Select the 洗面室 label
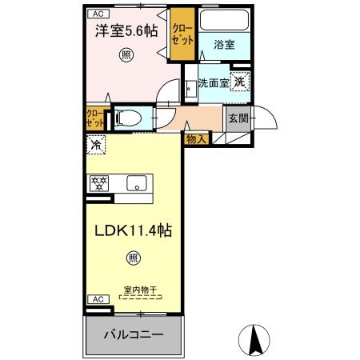pos(213,82)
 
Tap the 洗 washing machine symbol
pos(240,81)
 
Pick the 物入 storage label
pos(196,138)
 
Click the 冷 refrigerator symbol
pos(97,146)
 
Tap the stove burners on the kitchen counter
pos(100,182)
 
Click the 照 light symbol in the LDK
pos(133,258)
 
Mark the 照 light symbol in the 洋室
pos(126,54)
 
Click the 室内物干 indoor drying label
pos(139,289)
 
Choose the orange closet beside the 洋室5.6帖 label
pos(181,37)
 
